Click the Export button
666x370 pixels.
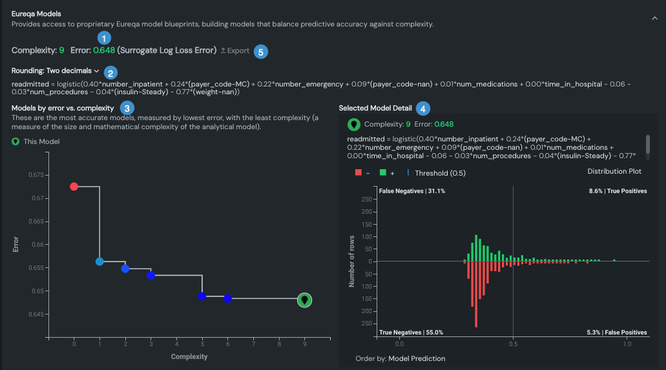point(234,50)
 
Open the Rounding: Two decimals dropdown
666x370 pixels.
point(55,71)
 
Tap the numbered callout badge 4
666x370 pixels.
point(422,108)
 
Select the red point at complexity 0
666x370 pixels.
point(74,187)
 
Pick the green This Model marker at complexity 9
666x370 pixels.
point(305,300)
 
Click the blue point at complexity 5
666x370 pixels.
point(202,296)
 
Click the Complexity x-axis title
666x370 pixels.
point(189,356)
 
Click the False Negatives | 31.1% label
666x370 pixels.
point(412,191)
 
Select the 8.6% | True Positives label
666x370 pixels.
point(618,191)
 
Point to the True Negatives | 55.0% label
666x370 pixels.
point(411,333)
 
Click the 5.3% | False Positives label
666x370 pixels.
point(617,333)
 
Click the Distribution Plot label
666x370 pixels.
point(614,171)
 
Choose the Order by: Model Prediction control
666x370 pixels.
point(400,358)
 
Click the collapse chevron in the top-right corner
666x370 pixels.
point(654,19)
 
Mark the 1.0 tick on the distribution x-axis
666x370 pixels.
point(627,345)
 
